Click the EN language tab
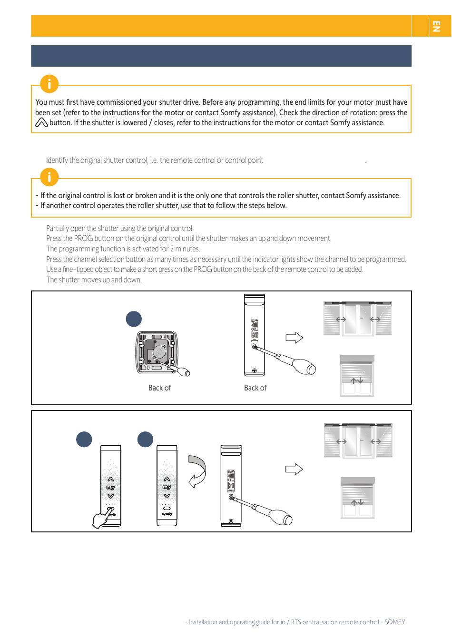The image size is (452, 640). [435, 26]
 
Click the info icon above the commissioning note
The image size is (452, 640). [49, 84]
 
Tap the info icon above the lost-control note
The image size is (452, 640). [49, 177]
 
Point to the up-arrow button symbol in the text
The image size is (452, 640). [41, 123]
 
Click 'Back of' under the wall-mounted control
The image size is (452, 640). [159, 388]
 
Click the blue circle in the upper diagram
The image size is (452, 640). [134, 319]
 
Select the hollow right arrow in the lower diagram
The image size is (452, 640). [294, 469]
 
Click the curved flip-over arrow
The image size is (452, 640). [197, 471]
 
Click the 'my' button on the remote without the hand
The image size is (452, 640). [167, 488]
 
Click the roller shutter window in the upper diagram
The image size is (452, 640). [357, 376]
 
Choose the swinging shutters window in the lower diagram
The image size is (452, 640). [358, 440]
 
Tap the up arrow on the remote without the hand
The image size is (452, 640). [167, 479]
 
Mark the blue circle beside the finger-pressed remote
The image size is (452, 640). [84, 439]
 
